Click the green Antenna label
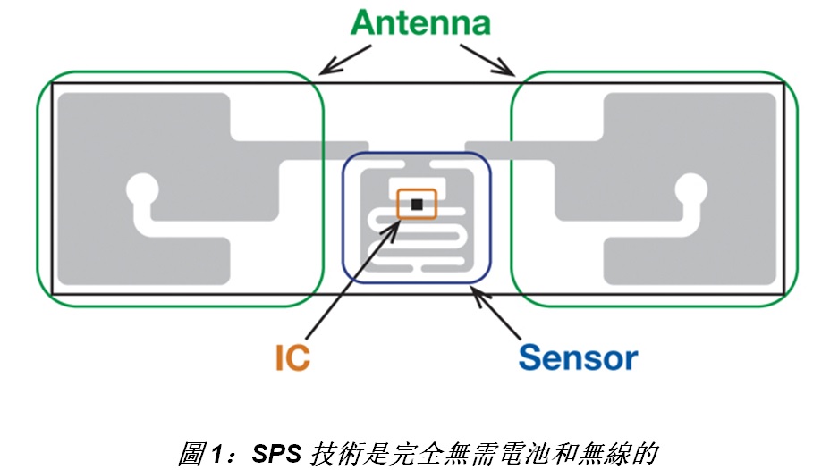pyautogui.click(x=419, y=23)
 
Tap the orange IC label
pyautogui.click(x=292, y=357)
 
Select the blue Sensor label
pyautogui.click(x=578, y=357)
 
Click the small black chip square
pyautogui.click(x=416, y=205)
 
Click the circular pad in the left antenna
pyautogui.click(x=140, y=189)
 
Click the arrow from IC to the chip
pyautogui.click(x=353, y=268)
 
